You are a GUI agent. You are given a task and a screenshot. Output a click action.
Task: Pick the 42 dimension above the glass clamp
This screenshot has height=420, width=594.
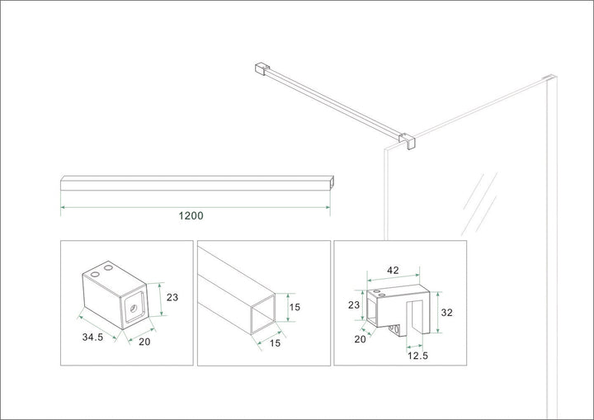coord(394,269)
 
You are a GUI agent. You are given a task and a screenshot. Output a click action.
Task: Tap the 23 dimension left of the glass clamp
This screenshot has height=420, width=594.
coord(353,304)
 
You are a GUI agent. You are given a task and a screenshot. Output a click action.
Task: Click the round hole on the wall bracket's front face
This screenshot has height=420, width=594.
coord(131,305)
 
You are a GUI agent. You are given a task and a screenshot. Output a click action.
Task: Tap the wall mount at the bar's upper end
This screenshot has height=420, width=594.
coord(262,66)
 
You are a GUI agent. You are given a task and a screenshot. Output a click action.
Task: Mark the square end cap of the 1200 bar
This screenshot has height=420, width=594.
coord(331,182)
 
